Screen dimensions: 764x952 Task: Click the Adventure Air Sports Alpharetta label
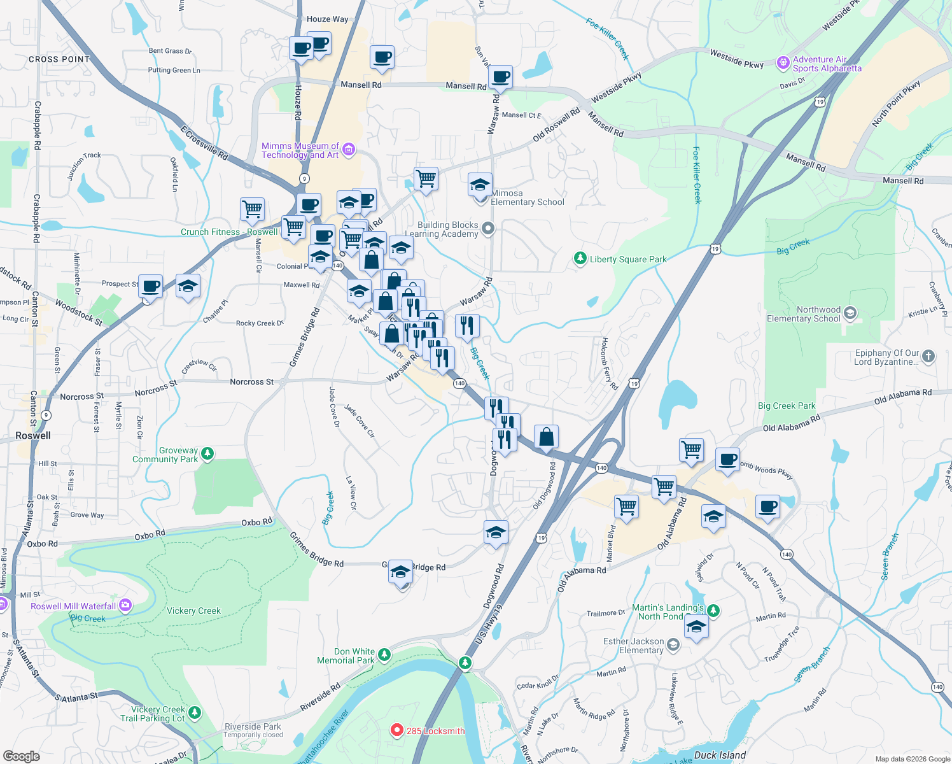tap(827, 64)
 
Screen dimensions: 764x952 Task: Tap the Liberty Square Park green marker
tap(580, 258)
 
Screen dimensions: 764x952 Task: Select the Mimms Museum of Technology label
tap(300, 150)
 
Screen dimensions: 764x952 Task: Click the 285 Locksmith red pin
tap(397, 730)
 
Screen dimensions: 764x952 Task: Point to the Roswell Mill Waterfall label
tap(73, 606)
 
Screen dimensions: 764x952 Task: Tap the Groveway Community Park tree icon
tap(207, 454)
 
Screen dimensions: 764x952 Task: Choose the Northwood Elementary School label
tap(803, 314)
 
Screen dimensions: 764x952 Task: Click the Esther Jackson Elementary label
tap(633, 646)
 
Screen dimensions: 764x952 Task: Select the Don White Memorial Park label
tap(346, 656)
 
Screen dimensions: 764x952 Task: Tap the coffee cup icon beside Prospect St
tap(151, 286)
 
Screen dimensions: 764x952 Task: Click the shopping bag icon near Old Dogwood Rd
tap(546, 437)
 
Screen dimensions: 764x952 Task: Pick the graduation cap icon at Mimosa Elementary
tap(480, 185)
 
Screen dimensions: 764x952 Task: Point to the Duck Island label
tap(720, 755)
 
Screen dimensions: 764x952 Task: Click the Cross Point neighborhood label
tap(59, 59)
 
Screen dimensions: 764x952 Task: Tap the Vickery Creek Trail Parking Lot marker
tap(195, 712)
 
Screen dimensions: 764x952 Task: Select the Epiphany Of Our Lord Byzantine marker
tap(928, 357)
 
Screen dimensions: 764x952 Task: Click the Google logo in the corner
tap(22, 756)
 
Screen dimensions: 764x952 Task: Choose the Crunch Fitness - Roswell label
tap(228, 232)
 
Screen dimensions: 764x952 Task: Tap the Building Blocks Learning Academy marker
tap(488, 229)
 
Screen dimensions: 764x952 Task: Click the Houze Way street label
tap(327, 19)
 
